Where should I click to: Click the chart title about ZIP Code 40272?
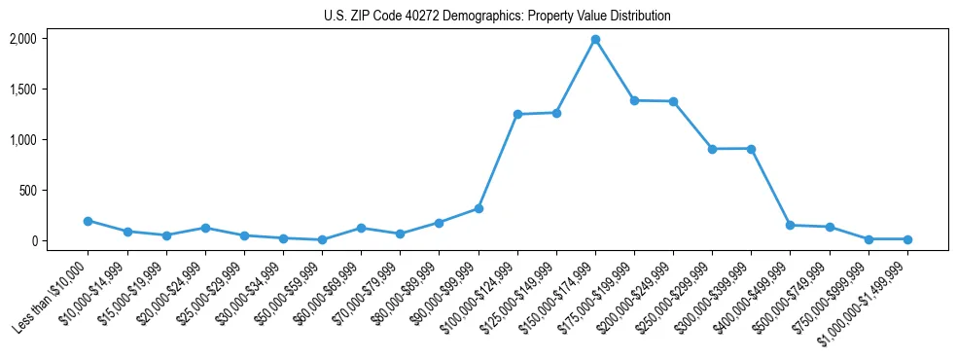[497, 17]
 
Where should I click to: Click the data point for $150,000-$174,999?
[595, 40]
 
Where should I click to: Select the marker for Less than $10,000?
[89, 221]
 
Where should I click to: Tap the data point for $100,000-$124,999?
[517, 115]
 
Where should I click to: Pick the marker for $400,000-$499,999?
[790, 226]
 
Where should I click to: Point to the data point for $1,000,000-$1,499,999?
[907, 239]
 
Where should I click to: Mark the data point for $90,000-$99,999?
[478, 208]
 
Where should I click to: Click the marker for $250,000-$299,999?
[712, 149]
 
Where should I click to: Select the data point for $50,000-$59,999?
[322, 239]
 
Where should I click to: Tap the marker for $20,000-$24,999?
[205, 228]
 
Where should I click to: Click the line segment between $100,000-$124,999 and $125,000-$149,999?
[537, 114]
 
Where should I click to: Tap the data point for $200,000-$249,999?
[673, 101]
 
